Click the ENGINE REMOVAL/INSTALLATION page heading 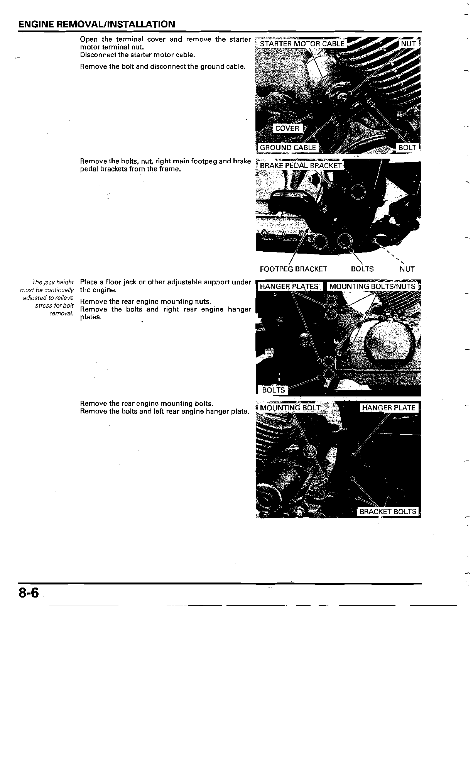[96, 24]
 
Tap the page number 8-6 [29, 593]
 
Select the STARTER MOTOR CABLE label [302, 44]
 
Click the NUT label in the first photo [408, 44]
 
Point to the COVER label [287, 129]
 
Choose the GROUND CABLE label [287, 147]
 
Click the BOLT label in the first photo [407, 147]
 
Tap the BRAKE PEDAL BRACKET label [301, 166]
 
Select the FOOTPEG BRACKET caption [293, 269]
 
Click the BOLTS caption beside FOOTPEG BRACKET [362, 269]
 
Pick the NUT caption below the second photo [407, 269]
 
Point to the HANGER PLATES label [289, 286]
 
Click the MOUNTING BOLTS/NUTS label [372, 286]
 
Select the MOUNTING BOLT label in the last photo [290, 408]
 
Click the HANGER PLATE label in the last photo [389, 408]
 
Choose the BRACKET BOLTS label [387, 511]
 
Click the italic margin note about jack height [47, 298]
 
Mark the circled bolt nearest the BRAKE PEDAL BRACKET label [358, 191]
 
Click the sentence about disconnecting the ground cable [162, 66]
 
